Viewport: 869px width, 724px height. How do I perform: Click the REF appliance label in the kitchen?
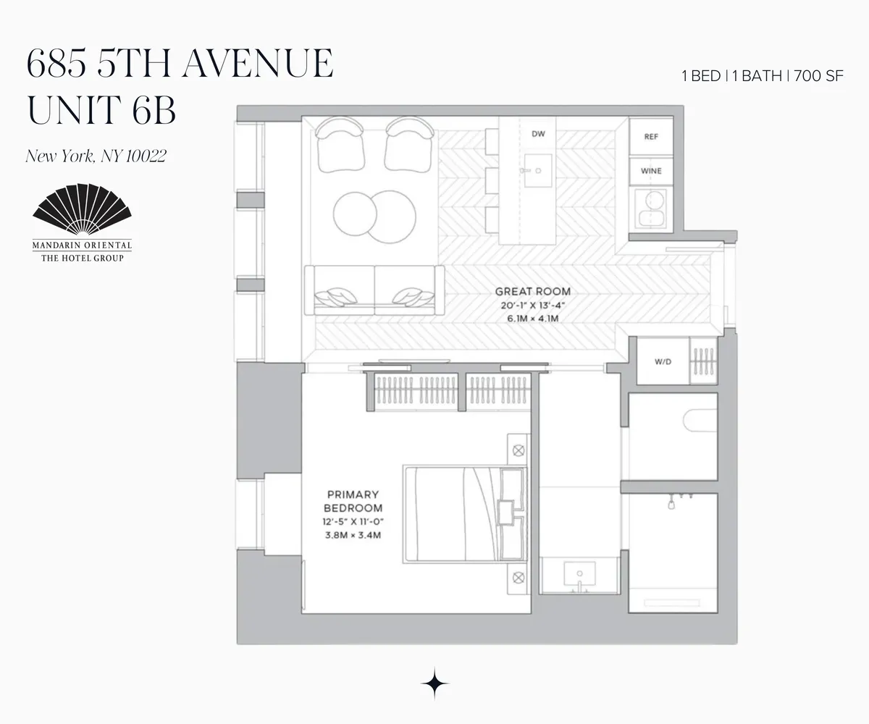click(x=651, y=137)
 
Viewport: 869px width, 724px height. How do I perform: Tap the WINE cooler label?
click(x=651, y=172)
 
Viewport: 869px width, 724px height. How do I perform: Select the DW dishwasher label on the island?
click(x=538, y=134)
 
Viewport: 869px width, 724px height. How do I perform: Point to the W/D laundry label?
click(x=662, y=361)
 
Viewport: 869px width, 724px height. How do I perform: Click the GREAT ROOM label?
click(x=532, y=291)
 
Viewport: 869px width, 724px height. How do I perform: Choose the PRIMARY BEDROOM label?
click(x=353, y=501)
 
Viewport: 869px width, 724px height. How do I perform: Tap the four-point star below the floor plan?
click(x=434, y=682)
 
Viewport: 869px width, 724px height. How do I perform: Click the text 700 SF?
click(x=818, y=76)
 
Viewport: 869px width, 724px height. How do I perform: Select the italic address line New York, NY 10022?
click(x=96, y=156)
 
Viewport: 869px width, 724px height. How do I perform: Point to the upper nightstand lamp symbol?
click(x=519, y=450)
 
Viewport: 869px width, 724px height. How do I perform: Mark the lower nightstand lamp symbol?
click(x=519, y=577)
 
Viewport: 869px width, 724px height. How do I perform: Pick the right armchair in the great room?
click(x=410, y=143)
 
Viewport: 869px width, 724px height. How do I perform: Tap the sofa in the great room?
click(x=374, y=290)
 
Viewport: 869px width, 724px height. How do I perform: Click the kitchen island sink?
click(x=537, y=171)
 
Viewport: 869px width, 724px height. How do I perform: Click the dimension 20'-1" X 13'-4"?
click(x=532, y=306)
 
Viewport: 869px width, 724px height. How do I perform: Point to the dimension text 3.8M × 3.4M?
click(x=353, y=536)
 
